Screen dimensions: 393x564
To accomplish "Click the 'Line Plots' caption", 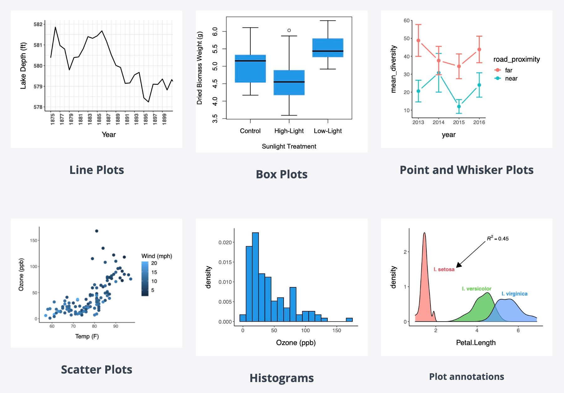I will pyautogui.click(x=97, y=170).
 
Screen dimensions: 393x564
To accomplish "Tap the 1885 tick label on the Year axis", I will pyautogui.click(x=99, y=119).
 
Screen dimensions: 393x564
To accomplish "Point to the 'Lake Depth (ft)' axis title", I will pyautogui.click(x=23, y=65).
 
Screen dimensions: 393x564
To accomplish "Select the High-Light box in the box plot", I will pyautogui.click(x=289, y=82).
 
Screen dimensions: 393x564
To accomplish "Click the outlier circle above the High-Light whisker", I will pyautogui.click(x=289, y=30).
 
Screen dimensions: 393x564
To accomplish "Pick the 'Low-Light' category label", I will pyautogui.click(x=328, y=131).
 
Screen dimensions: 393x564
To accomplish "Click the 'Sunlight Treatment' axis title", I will pyautogui.click(x=289, y=146).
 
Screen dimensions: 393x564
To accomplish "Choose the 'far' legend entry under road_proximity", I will pyautogui.click(x=508, y=70).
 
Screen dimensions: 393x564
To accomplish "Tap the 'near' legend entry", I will pyautogui.click(x=511, y=78).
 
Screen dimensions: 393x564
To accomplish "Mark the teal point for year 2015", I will pyautogui.click(x=459, y=107).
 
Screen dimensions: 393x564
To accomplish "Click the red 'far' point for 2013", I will pyautogui.click(x=418, y=40).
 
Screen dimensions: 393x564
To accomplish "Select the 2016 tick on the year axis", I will pyautogui.click(x=479, y=122).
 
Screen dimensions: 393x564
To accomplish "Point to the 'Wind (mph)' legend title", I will pyautogui.click(x=157, y=256).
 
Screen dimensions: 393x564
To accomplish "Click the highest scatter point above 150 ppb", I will pyautogui.click(x=97, y=231).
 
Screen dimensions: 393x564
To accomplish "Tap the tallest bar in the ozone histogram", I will pyautogui.click(x=255, y=277).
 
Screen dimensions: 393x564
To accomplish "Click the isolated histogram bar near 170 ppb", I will pyautogui.click(x=349, y=320).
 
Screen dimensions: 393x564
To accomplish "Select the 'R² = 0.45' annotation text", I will pyautogui.click(x=498, y=238).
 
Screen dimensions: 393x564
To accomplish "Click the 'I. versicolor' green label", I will pyautogui.click(x=477, y=289).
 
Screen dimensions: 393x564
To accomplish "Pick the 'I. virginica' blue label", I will pyautogui.click(x=514, y=294).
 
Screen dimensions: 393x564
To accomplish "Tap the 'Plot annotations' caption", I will pyautogui.click(x=467, y=376).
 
